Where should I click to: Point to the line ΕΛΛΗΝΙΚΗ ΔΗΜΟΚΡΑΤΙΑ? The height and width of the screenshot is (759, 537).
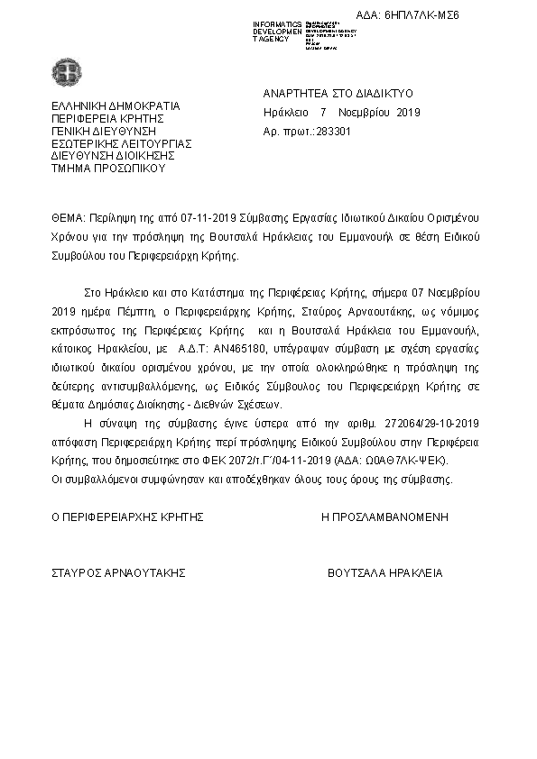point(115,105)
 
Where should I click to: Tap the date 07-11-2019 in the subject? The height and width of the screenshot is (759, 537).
point(208,220)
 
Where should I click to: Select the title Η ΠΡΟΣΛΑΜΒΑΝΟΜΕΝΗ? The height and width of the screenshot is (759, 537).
point(384,518)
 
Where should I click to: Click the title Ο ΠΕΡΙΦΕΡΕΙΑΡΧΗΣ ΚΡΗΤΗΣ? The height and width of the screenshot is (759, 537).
point(126,518)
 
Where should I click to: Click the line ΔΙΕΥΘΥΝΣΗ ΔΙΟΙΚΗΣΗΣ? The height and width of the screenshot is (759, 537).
point(112,156)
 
